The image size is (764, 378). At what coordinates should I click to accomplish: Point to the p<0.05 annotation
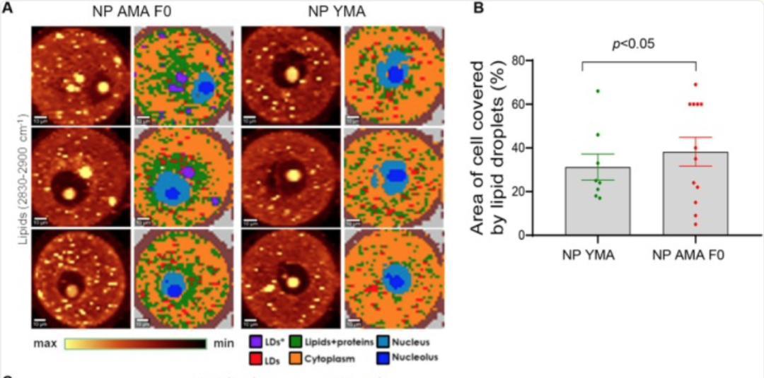click(x=633, y=44)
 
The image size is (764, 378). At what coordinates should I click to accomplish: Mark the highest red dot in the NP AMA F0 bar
click(x=695, y=85)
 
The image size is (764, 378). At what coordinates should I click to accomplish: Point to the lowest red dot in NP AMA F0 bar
click(x=695, y=225)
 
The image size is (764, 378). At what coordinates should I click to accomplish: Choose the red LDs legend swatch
click(x=255, y=358)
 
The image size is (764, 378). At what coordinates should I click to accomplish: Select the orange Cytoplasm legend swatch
click(x=296, y=358)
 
